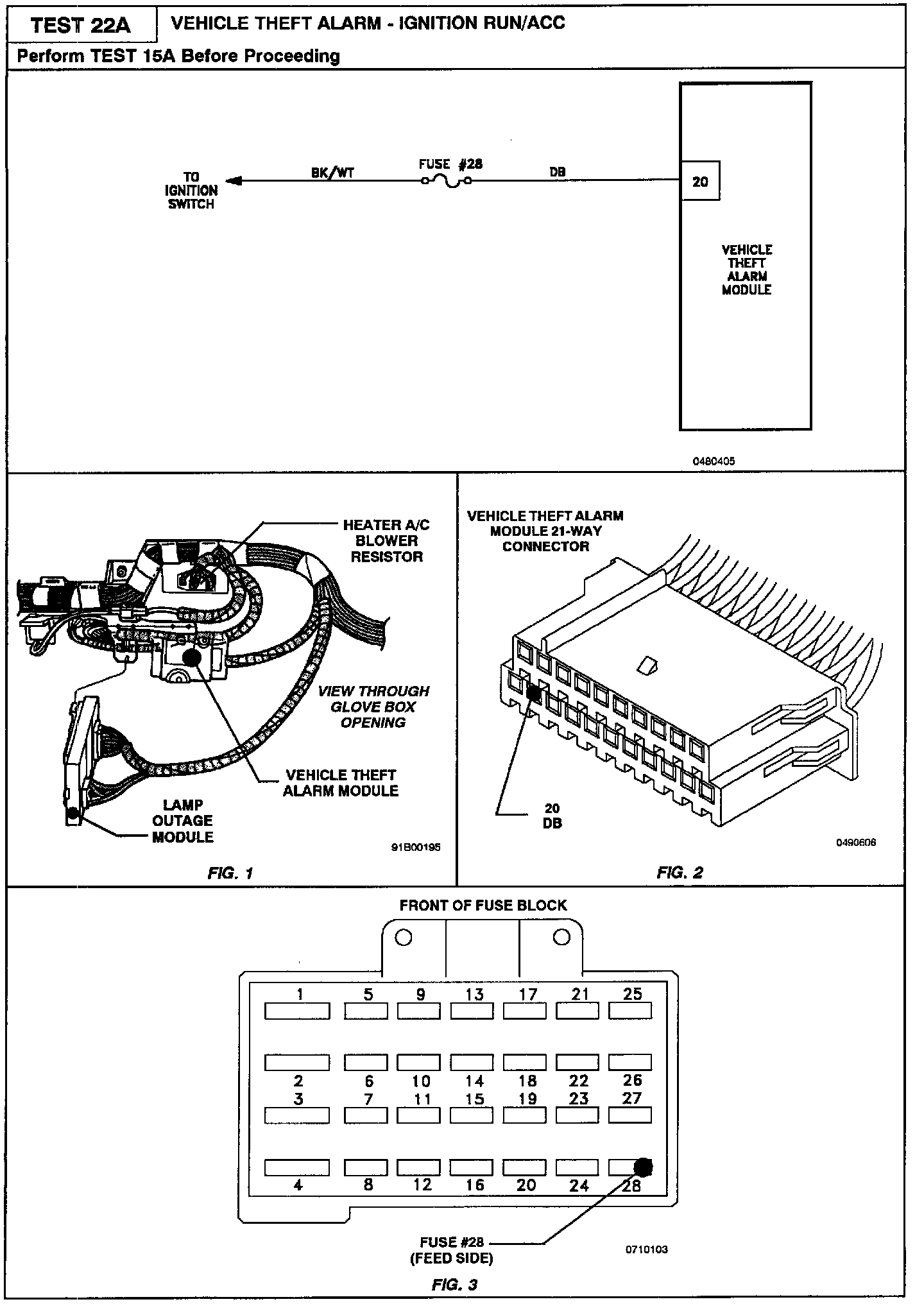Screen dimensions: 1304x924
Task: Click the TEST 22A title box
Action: click(x=81, y=25)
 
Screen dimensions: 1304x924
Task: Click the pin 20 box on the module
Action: click(x=700, y=182)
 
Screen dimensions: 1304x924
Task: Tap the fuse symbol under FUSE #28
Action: click(x=446, y=182)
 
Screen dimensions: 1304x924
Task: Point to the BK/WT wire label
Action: click(x=332, y=172)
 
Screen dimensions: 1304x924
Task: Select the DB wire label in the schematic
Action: click(x=557, y=172)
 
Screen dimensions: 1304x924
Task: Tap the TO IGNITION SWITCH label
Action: click(x=191, y=191)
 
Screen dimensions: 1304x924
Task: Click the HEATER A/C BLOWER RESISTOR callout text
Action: click(x=386, y=541)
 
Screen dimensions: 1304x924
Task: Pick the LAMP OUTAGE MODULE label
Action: click(x=183, y=821)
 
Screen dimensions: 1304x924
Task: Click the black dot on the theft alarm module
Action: click(x=191, y=656)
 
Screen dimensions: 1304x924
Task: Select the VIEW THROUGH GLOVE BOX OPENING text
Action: click(x=373, y=707)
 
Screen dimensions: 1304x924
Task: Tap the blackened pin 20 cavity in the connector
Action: click(x=533, y=692)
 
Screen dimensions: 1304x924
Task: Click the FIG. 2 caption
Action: click(x=680, y=872)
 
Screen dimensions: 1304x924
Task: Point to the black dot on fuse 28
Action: click(x=643, y=1166)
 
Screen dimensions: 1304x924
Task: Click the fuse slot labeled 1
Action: click(x=297, y=1011)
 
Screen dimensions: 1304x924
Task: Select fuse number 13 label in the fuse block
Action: click(x=474, y=994)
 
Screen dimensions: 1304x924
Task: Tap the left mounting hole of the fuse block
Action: click(x=403, y=938)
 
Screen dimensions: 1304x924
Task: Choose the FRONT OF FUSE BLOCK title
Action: click(x=483, y=905)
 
